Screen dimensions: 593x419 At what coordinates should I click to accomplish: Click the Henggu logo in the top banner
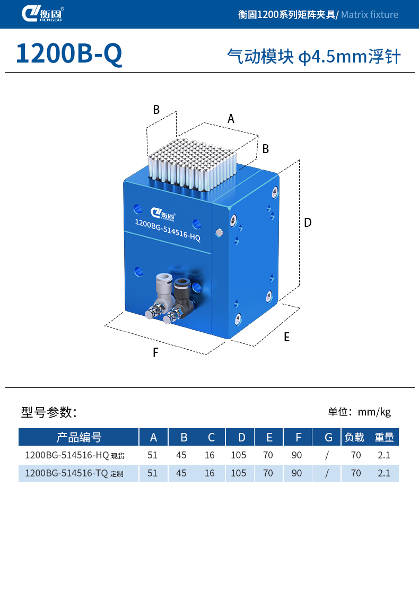point(43,14)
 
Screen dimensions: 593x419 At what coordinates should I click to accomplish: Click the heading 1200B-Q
point(69,54)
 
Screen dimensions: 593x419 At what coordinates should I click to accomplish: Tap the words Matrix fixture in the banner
point(369,14)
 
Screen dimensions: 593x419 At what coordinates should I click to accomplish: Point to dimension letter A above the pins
point(231,119)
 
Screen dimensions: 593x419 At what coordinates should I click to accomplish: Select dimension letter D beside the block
point(308,223)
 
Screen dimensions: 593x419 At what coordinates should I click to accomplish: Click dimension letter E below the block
point(286,337)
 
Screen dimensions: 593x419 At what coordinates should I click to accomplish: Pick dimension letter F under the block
point(155,352)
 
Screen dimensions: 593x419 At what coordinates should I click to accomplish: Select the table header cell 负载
point(354,437)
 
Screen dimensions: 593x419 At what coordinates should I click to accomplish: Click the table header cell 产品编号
point(78,437)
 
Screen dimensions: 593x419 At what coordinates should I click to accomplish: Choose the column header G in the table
point(328,437)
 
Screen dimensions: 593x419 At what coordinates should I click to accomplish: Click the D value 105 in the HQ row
point(239,455)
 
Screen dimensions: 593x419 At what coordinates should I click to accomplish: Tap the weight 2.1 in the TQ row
point(383,473)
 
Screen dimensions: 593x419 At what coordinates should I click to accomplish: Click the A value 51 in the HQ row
point(153,455)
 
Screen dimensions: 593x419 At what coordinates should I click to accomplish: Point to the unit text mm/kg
point(374,412)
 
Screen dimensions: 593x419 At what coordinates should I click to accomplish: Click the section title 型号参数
point(49,412)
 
